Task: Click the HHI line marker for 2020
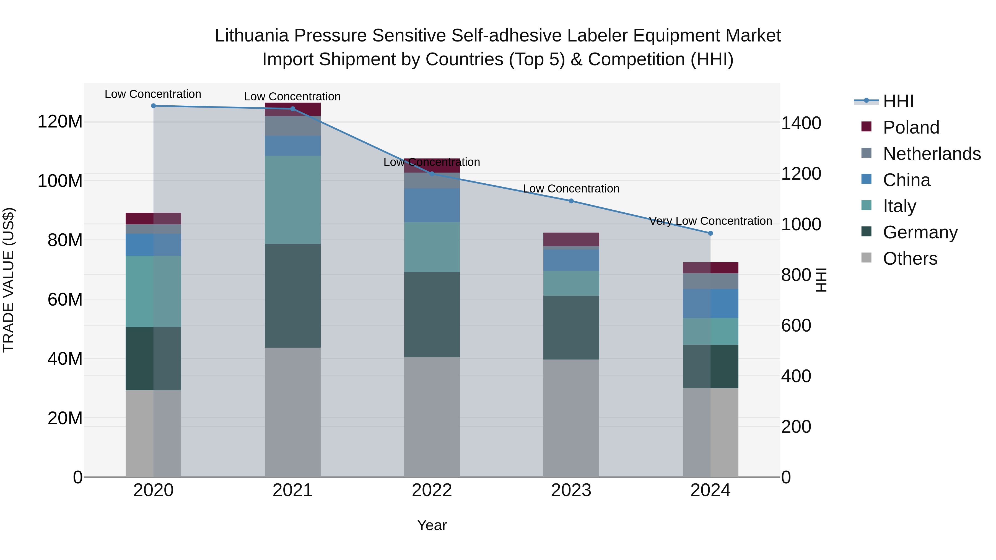point(154,106)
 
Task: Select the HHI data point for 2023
point(571,201)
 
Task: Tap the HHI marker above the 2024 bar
point(710,233)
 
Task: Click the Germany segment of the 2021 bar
point(293,296)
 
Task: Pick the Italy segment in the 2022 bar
point(432,247)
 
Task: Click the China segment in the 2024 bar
point(710,304)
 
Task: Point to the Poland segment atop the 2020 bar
point(154,218)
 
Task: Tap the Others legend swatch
point(867,258)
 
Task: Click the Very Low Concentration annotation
point(710,221)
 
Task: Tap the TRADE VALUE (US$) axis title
point(9,280)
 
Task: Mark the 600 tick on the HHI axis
point(796,325)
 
